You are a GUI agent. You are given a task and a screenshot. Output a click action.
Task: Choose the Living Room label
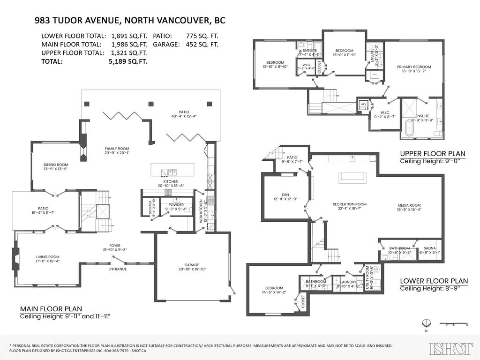pyautogui.click(x=48, y=256)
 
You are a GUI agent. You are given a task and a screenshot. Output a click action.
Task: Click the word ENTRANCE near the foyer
pyautogui.click(x=118, y=269)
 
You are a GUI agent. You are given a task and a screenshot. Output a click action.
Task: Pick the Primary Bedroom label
pyautogui.click(x=413, y=67)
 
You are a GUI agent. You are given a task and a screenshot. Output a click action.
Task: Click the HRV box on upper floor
pyautogui.click(x=363, y=104)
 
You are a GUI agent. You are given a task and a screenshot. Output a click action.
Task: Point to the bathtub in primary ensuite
pyautogui.click(x=408, y=129)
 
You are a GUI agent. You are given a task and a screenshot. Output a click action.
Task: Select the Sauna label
pyautogui.click(x=430, y=248)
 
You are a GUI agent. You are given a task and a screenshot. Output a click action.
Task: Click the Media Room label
pyautogui.click(x=409, y=205)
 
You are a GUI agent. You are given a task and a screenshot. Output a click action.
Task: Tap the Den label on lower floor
pyautogui.click(x=282, y=195)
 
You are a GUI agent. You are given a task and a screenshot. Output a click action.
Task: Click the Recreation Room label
pyautogui.click(x=349, y=204)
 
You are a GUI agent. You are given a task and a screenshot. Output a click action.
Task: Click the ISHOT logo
pyautogui.click(x=450, y=348)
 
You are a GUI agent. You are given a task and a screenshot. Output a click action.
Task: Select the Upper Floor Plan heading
pyautogui.click(x=432, y=153)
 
